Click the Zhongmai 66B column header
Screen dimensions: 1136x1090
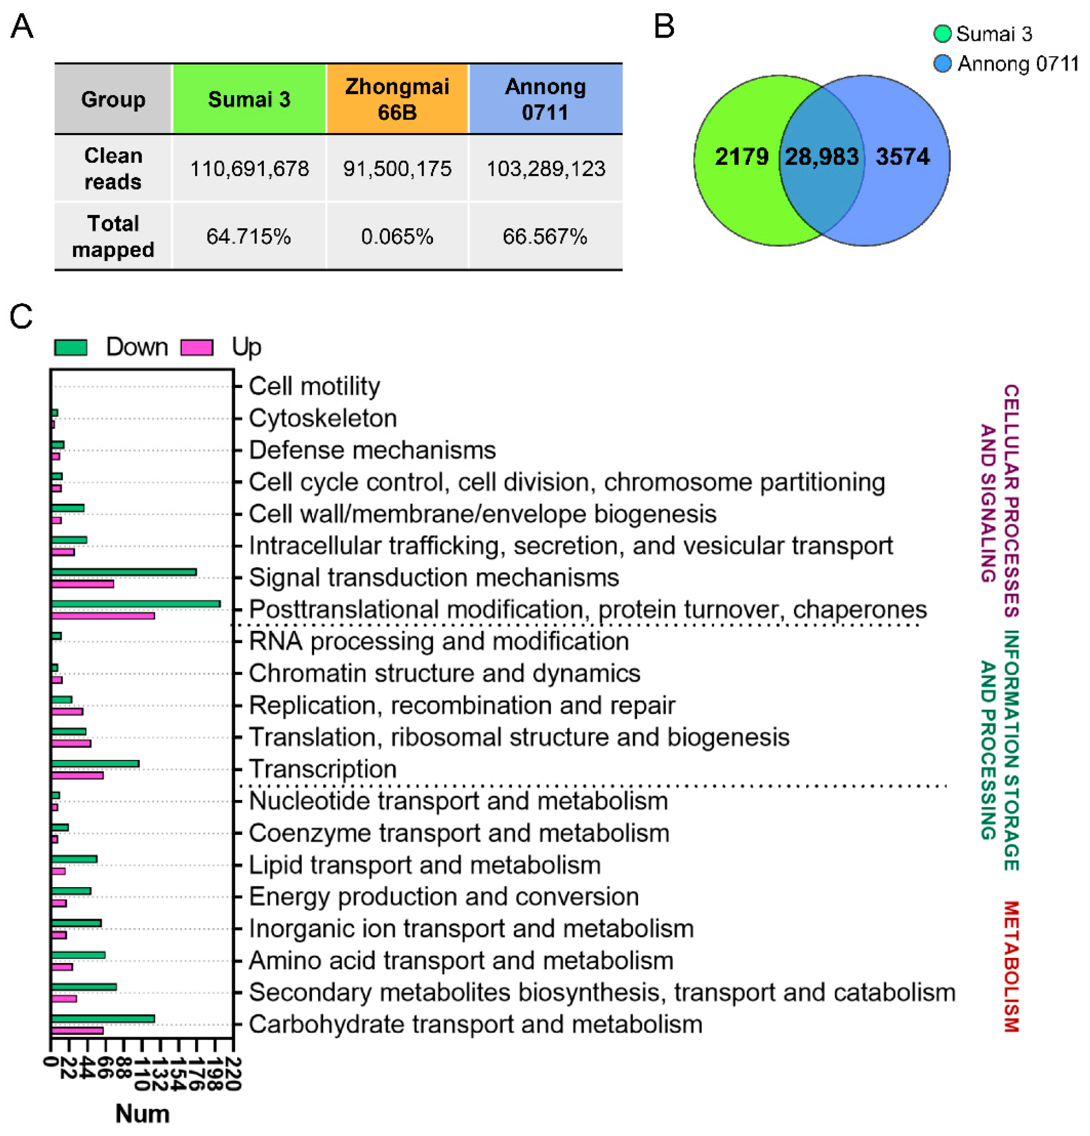click(x=397, y=99)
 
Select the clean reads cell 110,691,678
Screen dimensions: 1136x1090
click(x=249, y=169)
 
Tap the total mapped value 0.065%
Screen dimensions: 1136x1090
click(x=397, y=236)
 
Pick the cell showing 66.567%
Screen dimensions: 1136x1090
click(x=545, y=236)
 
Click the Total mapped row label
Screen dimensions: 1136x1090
click(x=113, y=236)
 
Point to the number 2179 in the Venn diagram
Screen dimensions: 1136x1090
click(x=741, y=156)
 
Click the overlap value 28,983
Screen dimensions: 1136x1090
click(x=821, y=156)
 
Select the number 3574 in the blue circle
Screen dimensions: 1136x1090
click(x=902, y=156)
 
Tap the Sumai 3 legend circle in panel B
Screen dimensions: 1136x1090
click(x=942, y=33)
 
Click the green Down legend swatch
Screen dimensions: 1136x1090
click(x=71, y=347)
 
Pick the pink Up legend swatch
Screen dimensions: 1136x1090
click(x=197, y=347)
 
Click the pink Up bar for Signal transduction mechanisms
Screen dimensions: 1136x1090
click(x=82, y=584)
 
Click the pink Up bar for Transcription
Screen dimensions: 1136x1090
click(x=77, y=776)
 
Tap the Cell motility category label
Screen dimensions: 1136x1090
click(x=314, y=386)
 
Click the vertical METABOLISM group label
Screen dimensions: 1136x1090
click(x=1011, y=966)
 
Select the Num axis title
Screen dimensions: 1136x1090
click(x=142, y=1113)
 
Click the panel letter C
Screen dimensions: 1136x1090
click(x=21, y=317)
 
